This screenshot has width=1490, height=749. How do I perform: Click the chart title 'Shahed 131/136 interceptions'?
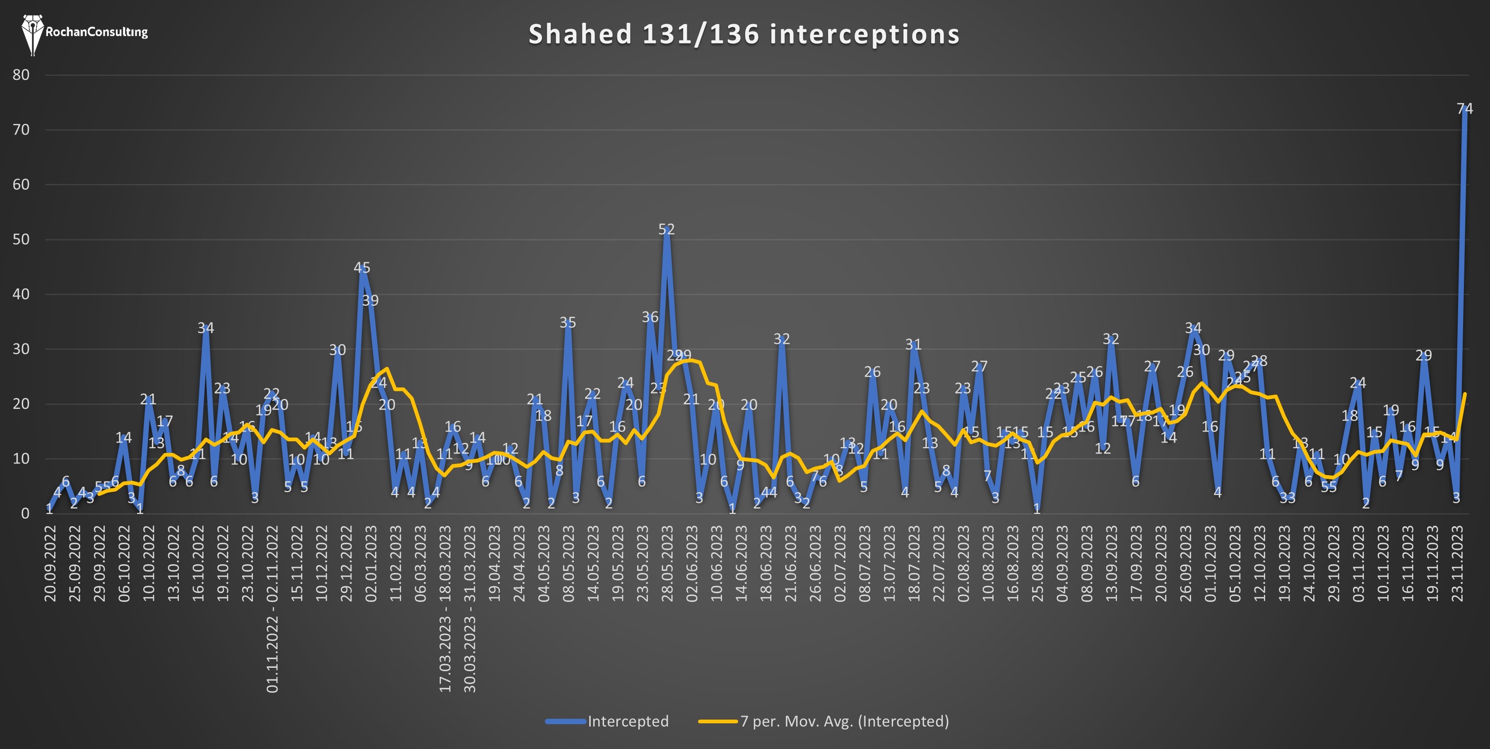(744, 34)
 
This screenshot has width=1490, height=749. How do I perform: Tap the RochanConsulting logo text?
(96, 32)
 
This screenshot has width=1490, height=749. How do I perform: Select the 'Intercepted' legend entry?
(628, 721)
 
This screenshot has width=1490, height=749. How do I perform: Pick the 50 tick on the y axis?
(21, 239)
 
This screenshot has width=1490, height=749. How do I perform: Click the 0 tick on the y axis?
(25, 513)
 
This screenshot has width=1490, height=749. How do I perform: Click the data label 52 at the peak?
(666, 229)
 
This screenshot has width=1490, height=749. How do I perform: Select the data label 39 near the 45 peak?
(370, 300)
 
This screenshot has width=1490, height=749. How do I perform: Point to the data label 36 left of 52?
(650, 317)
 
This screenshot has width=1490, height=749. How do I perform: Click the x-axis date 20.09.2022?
(51, 563)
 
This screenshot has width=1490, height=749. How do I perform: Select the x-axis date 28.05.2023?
(667, 563)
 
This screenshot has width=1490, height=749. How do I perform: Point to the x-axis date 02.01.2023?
(371, 563)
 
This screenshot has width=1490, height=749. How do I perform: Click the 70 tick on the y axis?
(21, 130)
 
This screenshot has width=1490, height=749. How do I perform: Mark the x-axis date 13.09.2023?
(1112, 563)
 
